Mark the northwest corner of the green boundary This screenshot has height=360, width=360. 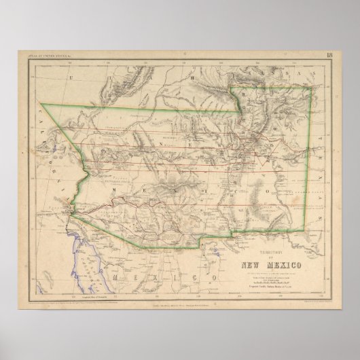(41, 104)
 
